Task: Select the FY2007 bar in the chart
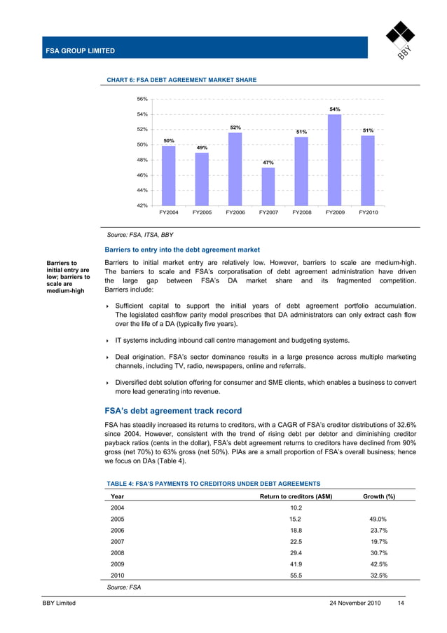(268, 186)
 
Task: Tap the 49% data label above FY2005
(202, 148)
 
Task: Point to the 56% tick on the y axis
(142, 99)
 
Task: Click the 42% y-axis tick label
(142, 205)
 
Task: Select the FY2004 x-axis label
(169, 212)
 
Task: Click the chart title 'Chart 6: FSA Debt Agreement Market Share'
(181, 80)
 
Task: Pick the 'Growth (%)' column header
(378, 496)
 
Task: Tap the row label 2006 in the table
(118, 530)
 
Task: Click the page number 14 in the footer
(400, 604)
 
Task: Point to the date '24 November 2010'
(355, 604)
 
